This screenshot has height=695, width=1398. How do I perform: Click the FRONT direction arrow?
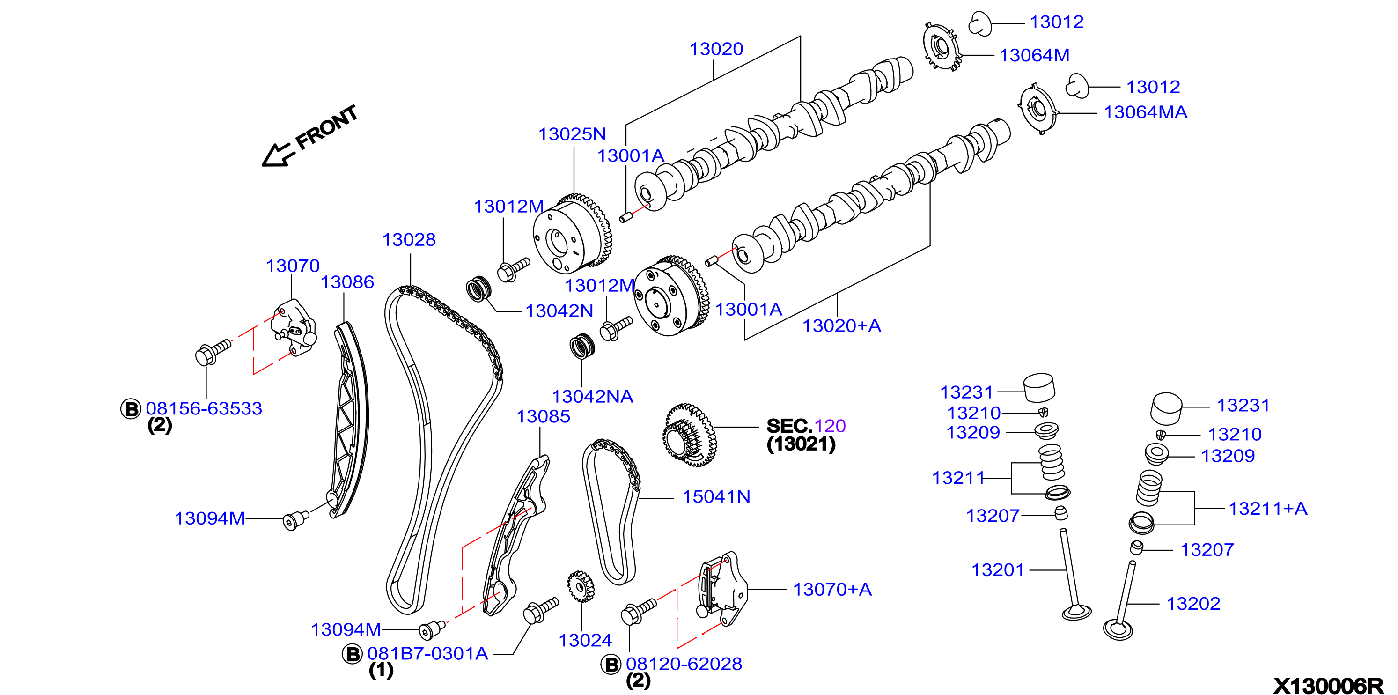279,155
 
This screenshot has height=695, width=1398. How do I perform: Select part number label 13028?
409,239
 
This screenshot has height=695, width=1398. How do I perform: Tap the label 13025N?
572,134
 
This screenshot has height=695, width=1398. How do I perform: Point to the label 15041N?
716,496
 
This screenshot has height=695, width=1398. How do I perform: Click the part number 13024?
585,640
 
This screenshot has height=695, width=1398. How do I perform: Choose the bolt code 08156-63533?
204,408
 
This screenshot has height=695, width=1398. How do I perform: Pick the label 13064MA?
1146,112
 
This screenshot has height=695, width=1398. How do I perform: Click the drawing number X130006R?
1328,686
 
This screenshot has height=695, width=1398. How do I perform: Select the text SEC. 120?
806,426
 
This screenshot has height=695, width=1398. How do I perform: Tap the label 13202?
1193,603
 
